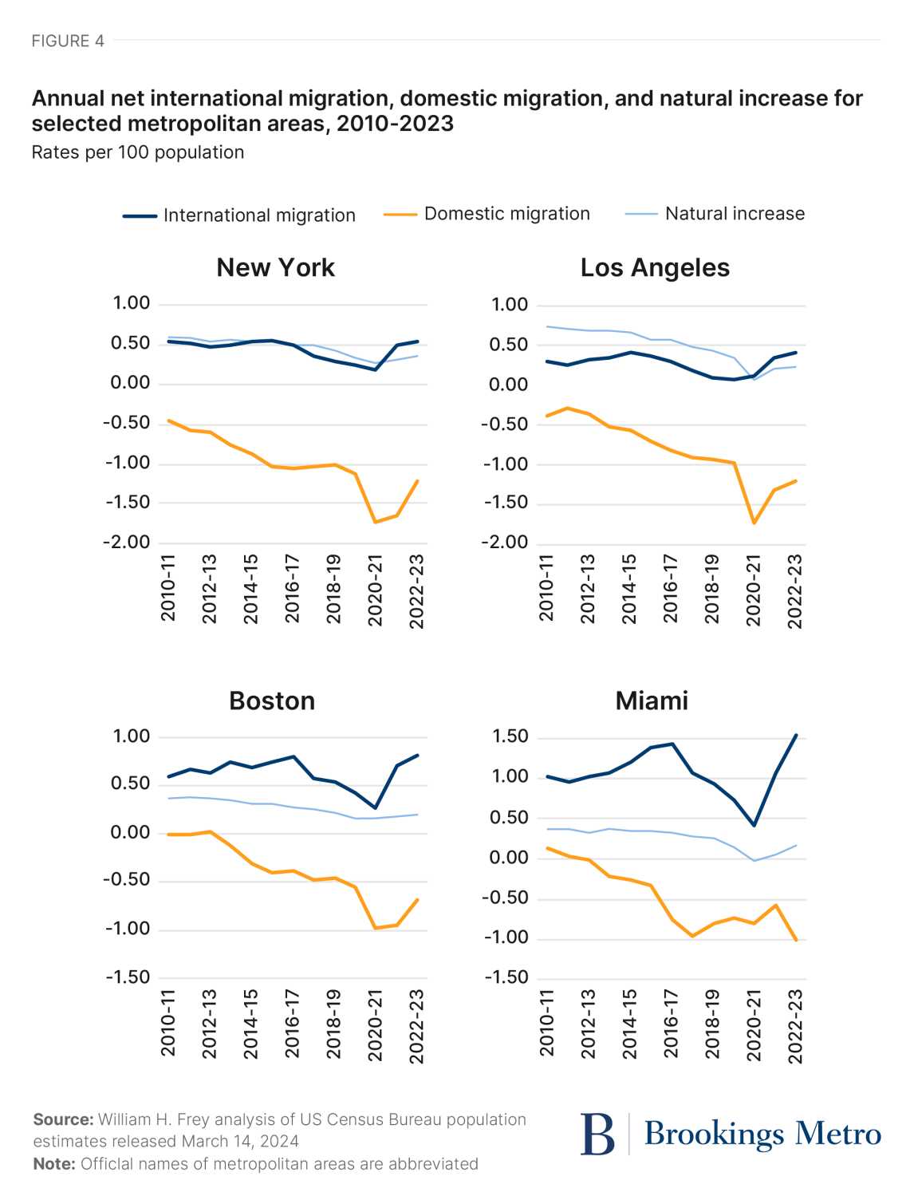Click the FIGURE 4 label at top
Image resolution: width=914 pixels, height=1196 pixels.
[x=68, y=41]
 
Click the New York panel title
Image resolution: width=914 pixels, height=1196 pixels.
[x=275, y=268]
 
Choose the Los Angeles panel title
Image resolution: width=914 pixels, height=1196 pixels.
[x=655, y=268]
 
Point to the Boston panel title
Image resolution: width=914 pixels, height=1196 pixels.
[x=272, y=701]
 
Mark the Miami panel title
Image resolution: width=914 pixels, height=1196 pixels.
[x=652, y=701]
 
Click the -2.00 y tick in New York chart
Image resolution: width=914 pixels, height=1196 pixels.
[x=127, y=543]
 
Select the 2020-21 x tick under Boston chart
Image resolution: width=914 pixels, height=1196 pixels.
[x=375, y=1025]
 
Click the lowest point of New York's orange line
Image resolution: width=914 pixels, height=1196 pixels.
[x=376, y=523]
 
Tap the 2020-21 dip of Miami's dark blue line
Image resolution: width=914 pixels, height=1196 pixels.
[x=754, y=825]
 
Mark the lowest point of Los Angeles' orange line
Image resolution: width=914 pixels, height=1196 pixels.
[x=754, y=523]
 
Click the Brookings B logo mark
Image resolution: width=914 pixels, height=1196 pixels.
[x=598, y=1134]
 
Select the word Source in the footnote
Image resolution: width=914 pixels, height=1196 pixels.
[x=61, y=1120]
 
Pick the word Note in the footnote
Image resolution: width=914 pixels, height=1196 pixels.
[x=53, y=1164]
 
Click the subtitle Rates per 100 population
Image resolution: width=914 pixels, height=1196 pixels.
[x=138, y=152]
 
